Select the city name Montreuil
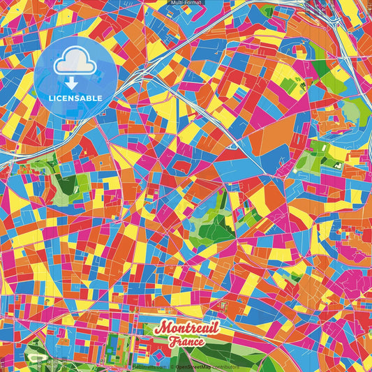pyautogui.click(x=187, y=329)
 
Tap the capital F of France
pyautogui.click(x=170, y=342)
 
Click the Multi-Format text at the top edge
pyautogui.click(x=186, y=3)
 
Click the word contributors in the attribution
pyautogui.click(x=225, y=366)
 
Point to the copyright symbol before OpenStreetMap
pyautogui.click(x=172, y=366)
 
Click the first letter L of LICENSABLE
pyautogui.click(x=52, y=98)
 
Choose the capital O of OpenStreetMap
pyautogui.click(x=178, y=366)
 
